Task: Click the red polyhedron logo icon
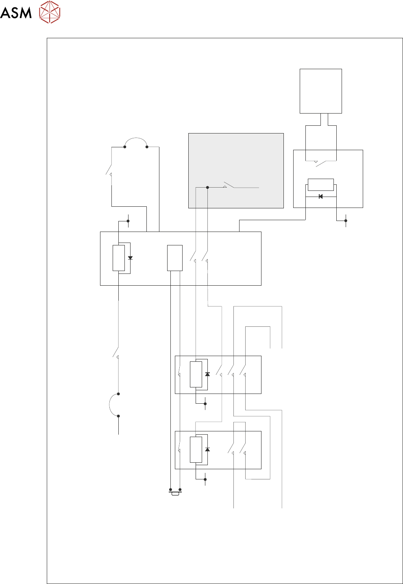[50, 12]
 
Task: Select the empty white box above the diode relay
[320, 91]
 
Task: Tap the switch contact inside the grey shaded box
[229, 186]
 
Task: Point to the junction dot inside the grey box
[207, 188]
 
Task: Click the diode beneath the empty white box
[320, 197]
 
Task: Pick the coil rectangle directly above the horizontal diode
[320, 185]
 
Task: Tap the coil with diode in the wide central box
[119, 258]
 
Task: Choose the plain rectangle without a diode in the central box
[175, 258]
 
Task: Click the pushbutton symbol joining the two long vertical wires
[175, 493]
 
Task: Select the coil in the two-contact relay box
[196, 450]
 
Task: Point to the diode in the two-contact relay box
[207, 450]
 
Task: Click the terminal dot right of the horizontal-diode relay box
[346, 221]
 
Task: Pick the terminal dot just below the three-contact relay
[205, 404]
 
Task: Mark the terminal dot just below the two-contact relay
[205, 479]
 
